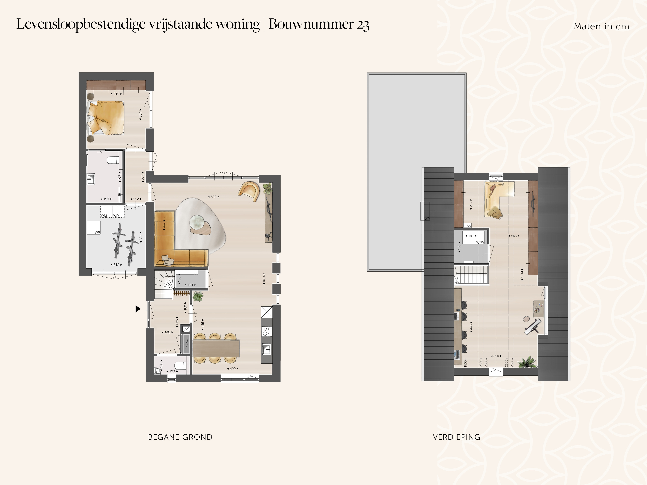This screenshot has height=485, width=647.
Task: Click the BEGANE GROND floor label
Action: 180,437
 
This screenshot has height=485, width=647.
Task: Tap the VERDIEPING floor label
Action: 457,437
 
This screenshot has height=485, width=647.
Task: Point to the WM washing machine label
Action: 104,216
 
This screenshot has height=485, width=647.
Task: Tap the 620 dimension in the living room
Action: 213,197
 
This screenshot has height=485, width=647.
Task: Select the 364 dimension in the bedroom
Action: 140,114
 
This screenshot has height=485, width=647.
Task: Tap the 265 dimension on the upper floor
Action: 514,236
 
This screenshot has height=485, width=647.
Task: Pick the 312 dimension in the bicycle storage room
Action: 116,265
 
